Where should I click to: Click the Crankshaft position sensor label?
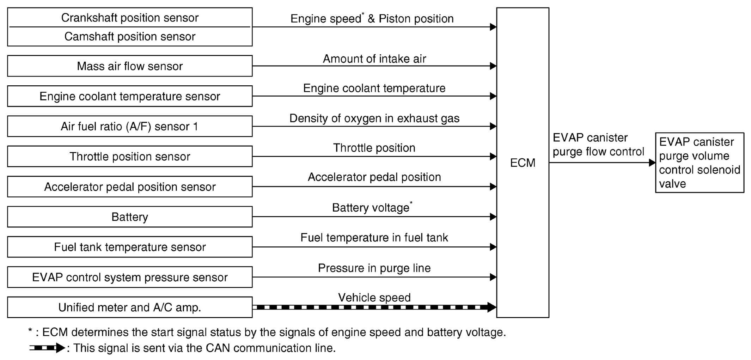pyautogui.click(x=130, y=18)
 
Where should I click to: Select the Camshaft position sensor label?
pyautogui.click(x=130, y=36)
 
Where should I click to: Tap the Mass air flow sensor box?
pyautogui.click(x=130, y=66)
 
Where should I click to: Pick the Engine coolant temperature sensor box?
pyautogui.click(x=130, y=96)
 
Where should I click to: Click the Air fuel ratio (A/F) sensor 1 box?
pyautogui.click(x=130, y=126)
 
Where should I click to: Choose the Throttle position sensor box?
pyautogui.click(x=130, y=156)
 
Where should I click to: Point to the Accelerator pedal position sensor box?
pyautogui.click(x=130, y=187)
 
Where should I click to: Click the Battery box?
pyautogui.click(x=130, y=217)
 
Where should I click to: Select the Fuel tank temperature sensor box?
pyautogui.click(x=130, y=247)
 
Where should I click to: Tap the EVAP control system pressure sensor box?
pyautogui.click(x=130, y=277)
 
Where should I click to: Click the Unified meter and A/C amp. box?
pyautogui.click(x=130, y=307)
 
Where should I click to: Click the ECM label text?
pyautogui.click(x=523, y=163)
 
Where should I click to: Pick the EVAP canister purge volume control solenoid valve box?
pyautogui.click(x=700, y=163)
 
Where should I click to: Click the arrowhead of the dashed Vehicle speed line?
pyautogui.click(x=492, y=307)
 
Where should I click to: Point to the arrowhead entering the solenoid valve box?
pyautogui.click(x=652, y=163)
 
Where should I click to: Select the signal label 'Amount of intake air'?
pyautogui.click(x=374, y=59)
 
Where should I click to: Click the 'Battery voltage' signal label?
pyautogui.click(x=371, y=208)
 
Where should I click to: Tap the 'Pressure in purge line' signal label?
pyautogui.click(x=374, y=268)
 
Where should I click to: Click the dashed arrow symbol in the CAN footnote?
pyautogui.click(x=47, y=348)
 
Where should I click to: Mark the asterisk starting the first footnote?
pyautogui.click(x=30, y=331)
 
